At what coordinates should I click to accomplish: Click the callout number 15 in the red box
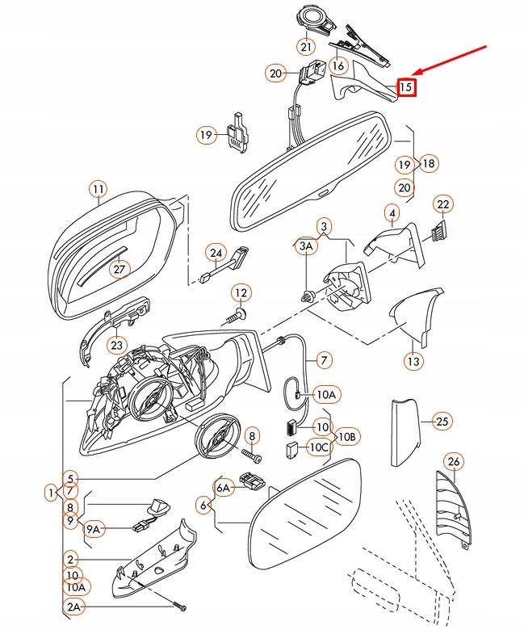(x=406, y=86)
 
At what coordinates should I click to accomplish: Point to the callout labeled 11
(x=98, y=191)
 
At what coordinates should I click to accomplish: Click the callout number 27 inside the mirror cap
(x=119, y=269)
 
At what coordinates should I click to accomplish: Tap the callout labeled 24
(x=215, y=253)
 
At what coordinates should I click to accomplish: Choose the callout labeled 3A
(x=306, y=246)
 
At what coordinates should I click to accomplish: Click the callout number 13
(x=413, y=362)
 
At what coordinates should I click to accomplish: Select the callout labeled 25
(x=441, y=421)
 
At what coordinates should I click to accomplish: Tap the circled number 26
(x=453, y=462)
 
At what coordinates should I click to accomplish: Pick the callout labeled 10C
(x=319, y=447)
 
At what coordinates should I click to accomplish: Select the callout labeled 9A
(x=95, y=529)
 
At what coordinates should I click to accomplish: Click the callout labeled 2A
(x=74, y=607)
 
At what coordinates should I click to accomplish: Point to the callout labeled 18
(x=428, y=163)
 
